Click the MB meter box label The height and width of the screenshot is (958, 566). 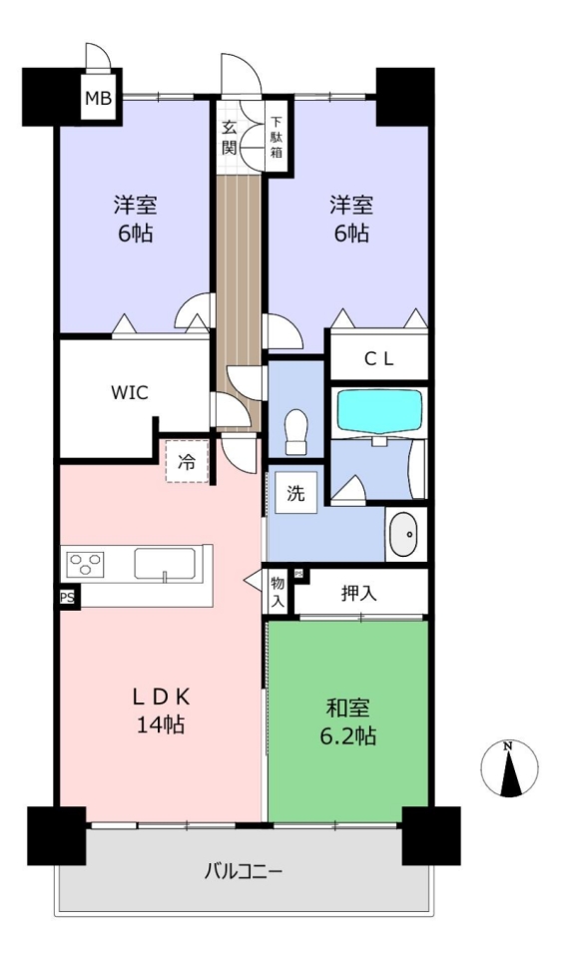(98, 98)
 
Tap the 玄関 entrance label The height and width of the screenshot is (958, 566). (230, 138)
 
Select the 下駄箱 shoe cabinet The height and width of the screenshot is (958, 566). (277, 137)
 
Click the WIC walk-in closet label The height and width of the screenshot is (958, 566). (130, 392)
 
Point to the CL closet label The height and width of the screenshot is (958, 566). (379, 359)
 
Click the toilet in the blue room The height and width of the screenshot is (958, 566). (296, 431)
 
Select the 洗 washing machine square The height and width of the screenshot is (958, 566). (295, 492)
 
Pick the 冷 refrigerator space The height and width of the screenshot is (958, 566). (187, 461)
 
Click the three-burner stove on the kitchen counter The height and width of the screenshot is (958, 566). (86, 563)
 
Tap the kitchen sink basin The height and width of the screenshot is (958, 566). (165, 563)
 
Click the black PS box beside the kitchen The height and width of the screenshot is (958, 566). (67, 598)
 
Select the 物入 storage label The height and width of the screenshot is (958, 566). (278, 592)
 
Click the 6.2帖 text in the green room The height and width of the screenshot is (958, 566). (347, 736)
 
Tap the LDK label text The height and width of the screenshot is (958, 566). (163, 696)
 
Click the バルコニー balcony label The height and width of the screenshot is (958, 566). (244, 870)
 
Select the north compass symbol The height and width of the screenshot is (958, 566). (509, 768)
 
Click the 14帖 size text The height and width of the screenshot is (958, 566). (161, 724)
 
